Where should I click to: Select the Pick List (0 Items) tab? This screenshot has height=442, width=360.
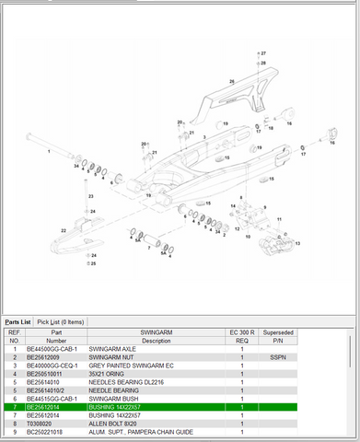point(61,321)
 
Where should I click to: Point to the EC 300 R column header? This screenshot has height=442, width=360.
point(241,330)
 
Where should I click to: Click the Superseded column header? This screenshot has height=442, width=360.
point(278,330)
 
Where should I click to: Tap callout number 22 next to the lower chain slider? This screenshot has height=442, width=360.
point(64,229)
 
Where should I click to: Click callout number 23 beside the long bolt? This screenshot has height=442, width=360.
point(89,196)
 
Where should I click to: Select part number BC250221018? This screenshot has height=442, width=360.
point(46,430)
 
